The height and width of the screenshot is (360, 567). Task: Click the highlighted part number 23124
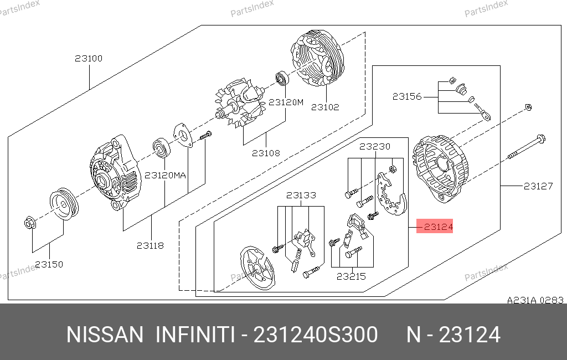(x=438, y=227)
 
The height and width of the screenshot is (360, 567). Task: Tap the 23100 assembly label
(x=89, y=58)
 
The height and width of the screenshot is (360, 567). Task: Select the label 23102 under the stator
(x=325, y=107)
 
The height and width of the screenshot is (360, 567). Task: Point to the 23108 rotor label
(x=266, y=153)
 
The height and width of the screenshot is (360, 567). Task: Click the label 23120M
(x=286, y=102)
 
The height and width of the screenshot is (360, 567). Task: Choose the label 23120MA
(x=165, y=176)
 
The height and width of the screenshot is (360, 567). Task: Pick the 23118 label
(x=150, y=246)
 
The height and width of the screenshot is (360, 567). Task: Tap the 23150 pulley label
(x=49, y=265)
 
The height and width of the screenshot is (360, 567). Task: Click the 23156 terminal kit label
(x=407, y=96)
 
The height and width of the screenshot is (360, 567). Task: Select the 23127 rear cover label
(x=538, y=186)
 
